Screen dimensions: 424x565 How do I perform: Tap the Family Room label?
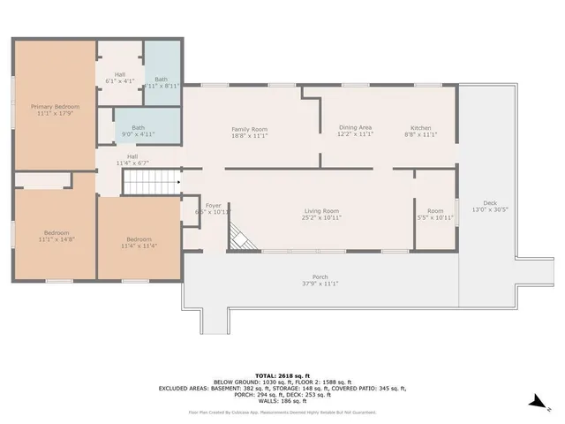tap(249, 129)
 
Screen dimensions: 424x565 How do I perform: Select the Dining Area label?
tap(355, 127)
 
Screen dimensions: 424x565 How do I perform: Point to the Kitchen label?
tap(420, 127)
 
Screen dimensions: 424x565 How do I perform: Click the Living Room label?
tap(322, 211)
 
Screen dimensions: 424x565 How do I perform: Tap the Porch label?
tap(320, 276)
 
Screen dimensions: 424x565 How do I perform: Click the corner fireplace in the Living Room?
tap(238, 236)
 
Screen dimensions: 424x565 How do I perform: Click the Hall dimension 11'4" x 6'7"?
tap(131, 163)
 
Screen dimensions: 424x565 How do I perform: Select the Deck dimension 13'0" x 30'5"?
tap(489, 209)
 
